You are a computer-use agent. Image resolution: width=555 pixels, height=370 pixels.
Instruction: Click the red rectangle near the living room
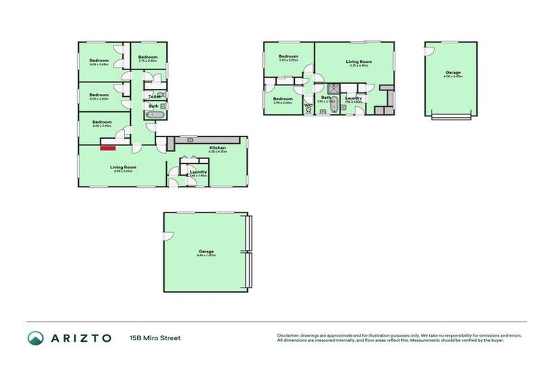pos(108,148)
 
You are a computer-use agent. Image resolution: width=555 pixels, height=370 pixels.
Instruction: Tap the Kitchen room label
pos(218,147)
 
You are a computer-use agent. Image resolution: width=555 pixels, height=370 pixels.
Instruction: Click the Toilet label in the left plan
pos(155,96)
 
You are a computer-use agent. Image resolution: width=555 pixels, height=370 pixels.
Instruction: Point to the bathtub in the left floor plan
pos(155,115)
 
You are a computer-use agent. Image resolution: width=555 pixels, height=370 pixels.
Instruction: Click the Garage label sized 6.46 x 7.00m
pos(205,251)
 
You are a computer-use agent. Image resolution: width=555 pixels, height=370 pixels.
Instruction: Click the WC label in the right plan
pos(308,106)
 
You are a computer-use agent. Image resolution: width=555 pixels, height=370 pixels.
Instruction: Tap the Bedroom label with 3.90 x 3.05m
pos(288,56)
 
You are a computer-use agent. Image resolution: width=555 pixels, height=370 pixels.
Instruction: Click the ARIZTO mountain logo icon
pos(35,337)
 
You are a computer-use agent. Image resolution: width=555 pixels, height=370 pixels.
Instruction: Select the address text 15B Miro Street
pos(155,337)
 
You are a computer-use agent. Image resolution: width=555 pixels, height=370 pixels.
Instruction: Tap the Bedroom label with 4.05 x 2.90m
pos(102,122)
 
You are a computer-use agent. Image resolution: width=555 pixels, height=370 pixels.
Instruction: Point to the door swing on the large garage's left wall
pos(168,239)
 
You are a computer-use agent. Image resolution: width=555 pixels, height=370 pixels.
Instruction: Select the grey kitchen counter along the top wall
pos(192,139)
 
